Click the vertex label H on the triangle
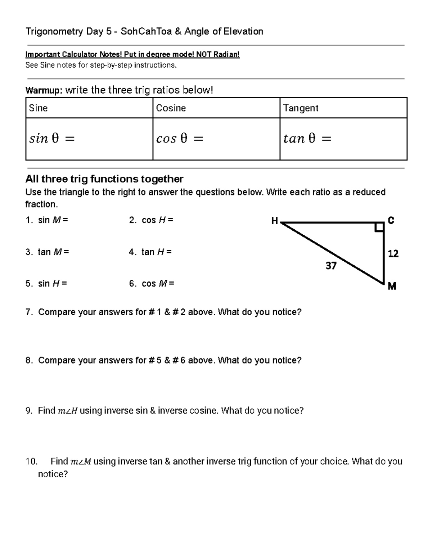pos(275,221)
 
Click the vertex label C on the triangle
pos(391,220)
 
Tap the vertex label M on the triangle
pos(392,286)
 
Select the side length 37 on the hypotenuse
pos(331,266)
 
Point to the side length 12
pos(393,254)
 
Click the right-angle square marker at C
pos(379,227)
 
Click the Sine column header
pos(38,108)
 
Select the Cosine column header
pos(171,108)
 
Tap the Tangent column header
pos(301,108)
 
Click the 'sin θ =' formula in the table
pos(52,139)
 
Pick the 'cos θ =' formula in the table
pos(180,139)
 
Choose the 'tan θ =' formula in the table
pos(307,139)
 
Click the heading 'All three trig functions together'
pos(104,179)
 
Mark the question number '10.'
pos(32,461)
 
